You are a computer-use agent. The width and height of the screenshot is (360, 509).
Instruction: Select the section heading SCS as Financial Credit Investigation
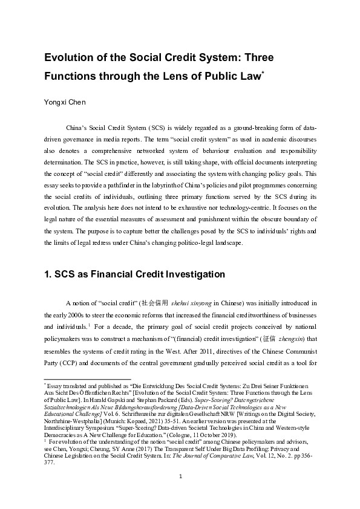pos(134,274)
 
